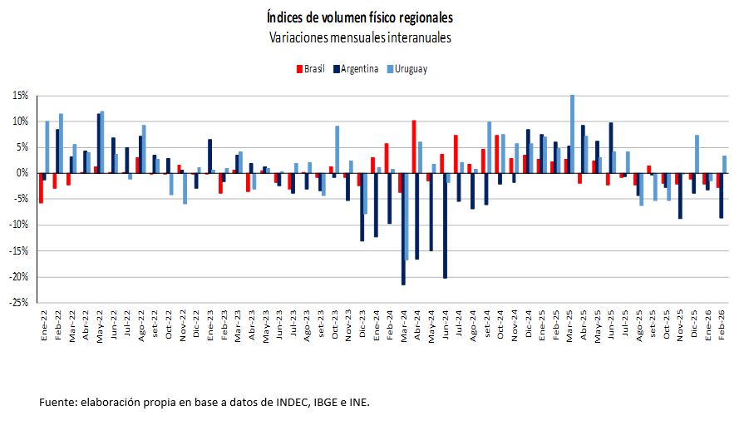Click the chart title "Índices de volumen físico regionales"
tap(360, 17)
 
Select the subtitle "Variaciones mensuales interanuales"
tap(360, 38)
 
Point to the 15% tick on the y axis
tap(20, 96)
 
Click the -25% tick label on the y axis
tap(18, 303)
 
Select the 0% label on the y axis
tap(22, 173)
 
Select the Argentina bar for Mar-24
tap(404, 229)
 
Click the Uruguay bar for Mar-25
tap(572, 134)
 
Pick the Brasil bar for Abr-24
tap(414, 146)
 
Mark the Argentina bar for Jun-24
tap(445, 225)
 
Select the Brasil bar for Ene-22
tap(41, 188)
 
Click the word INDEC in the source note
tap(260, 403)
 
